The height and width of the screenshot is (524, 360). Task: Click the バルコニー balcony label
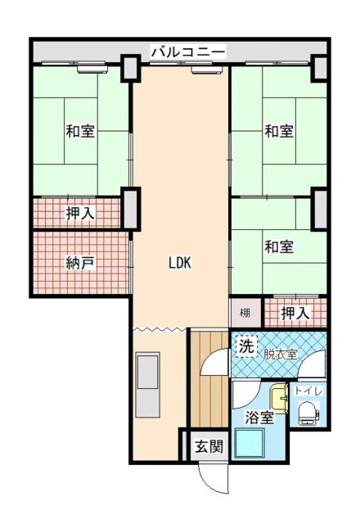tap(188, 52)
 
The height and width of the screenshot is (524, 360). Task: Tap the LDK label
tap(180, 263)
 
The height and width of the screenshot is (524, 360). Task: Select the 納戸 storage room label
tap(79, 264)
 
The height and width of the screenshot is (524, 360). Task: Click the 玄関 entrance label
tap(209, 445)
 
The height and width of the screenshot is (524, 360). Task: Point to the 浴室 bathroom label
tap(259, 418)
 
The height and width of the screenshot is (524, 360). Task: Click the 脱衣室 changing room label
tap(280, 355)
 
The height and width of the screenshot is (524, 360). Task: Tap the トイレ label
tap(308, 391)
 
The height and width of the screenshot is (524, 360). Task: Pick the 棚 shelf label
tap(245, 313)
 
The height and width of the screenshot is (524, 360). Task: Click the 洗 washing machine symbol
tap(247, 347)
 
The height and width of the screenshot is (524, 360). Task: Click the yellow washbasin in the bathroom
tap(279, 399)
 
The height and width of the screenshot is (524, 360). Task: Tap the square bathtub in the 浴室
tap(250, 444)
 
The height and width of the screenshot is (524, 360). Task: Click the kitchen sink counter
tap(147, 384)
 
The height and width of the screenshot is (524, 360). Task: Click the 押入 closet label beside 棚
tap(295, 313)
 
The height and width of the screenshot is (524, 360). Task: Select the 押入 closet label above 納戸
tap(80, 214)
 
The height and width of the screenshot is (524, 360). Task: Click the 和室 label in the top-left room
tap(80, 131)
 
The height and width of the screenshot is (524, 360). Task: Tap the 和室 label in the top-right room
tap(279, 131)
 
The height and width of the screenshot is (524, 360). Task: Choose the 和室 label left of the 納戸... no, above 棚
tap(279, 246)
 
